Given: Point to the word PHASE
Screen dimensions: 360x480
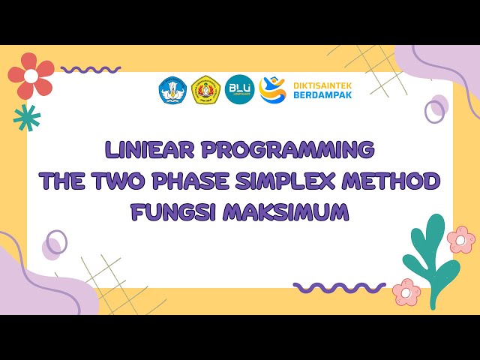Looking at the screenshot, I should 190,181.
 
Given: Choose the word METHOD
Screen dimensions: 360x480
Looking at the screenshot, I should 394,181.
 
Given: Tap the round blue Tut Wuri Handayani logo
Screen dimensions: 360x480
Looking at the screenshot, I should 172,90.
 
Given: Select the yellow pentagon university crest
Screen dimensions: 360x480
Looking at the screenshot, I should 205,90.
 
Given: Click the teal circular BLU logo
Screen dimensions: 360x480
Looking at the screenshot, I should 240,90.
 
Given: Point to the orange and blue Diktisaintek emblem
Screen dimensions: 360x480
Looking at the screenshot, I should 272,90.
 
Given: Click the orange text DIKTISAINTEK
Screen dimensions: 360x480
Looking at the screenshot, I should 322,85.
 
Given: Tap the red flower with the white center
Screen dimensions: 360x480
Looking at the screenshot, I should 31,76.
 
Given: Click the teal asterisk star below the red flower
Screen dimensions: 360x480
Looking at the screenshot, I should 27,117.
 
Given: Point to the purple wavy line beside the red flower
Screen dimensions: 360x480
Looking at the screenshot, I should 91,70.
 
